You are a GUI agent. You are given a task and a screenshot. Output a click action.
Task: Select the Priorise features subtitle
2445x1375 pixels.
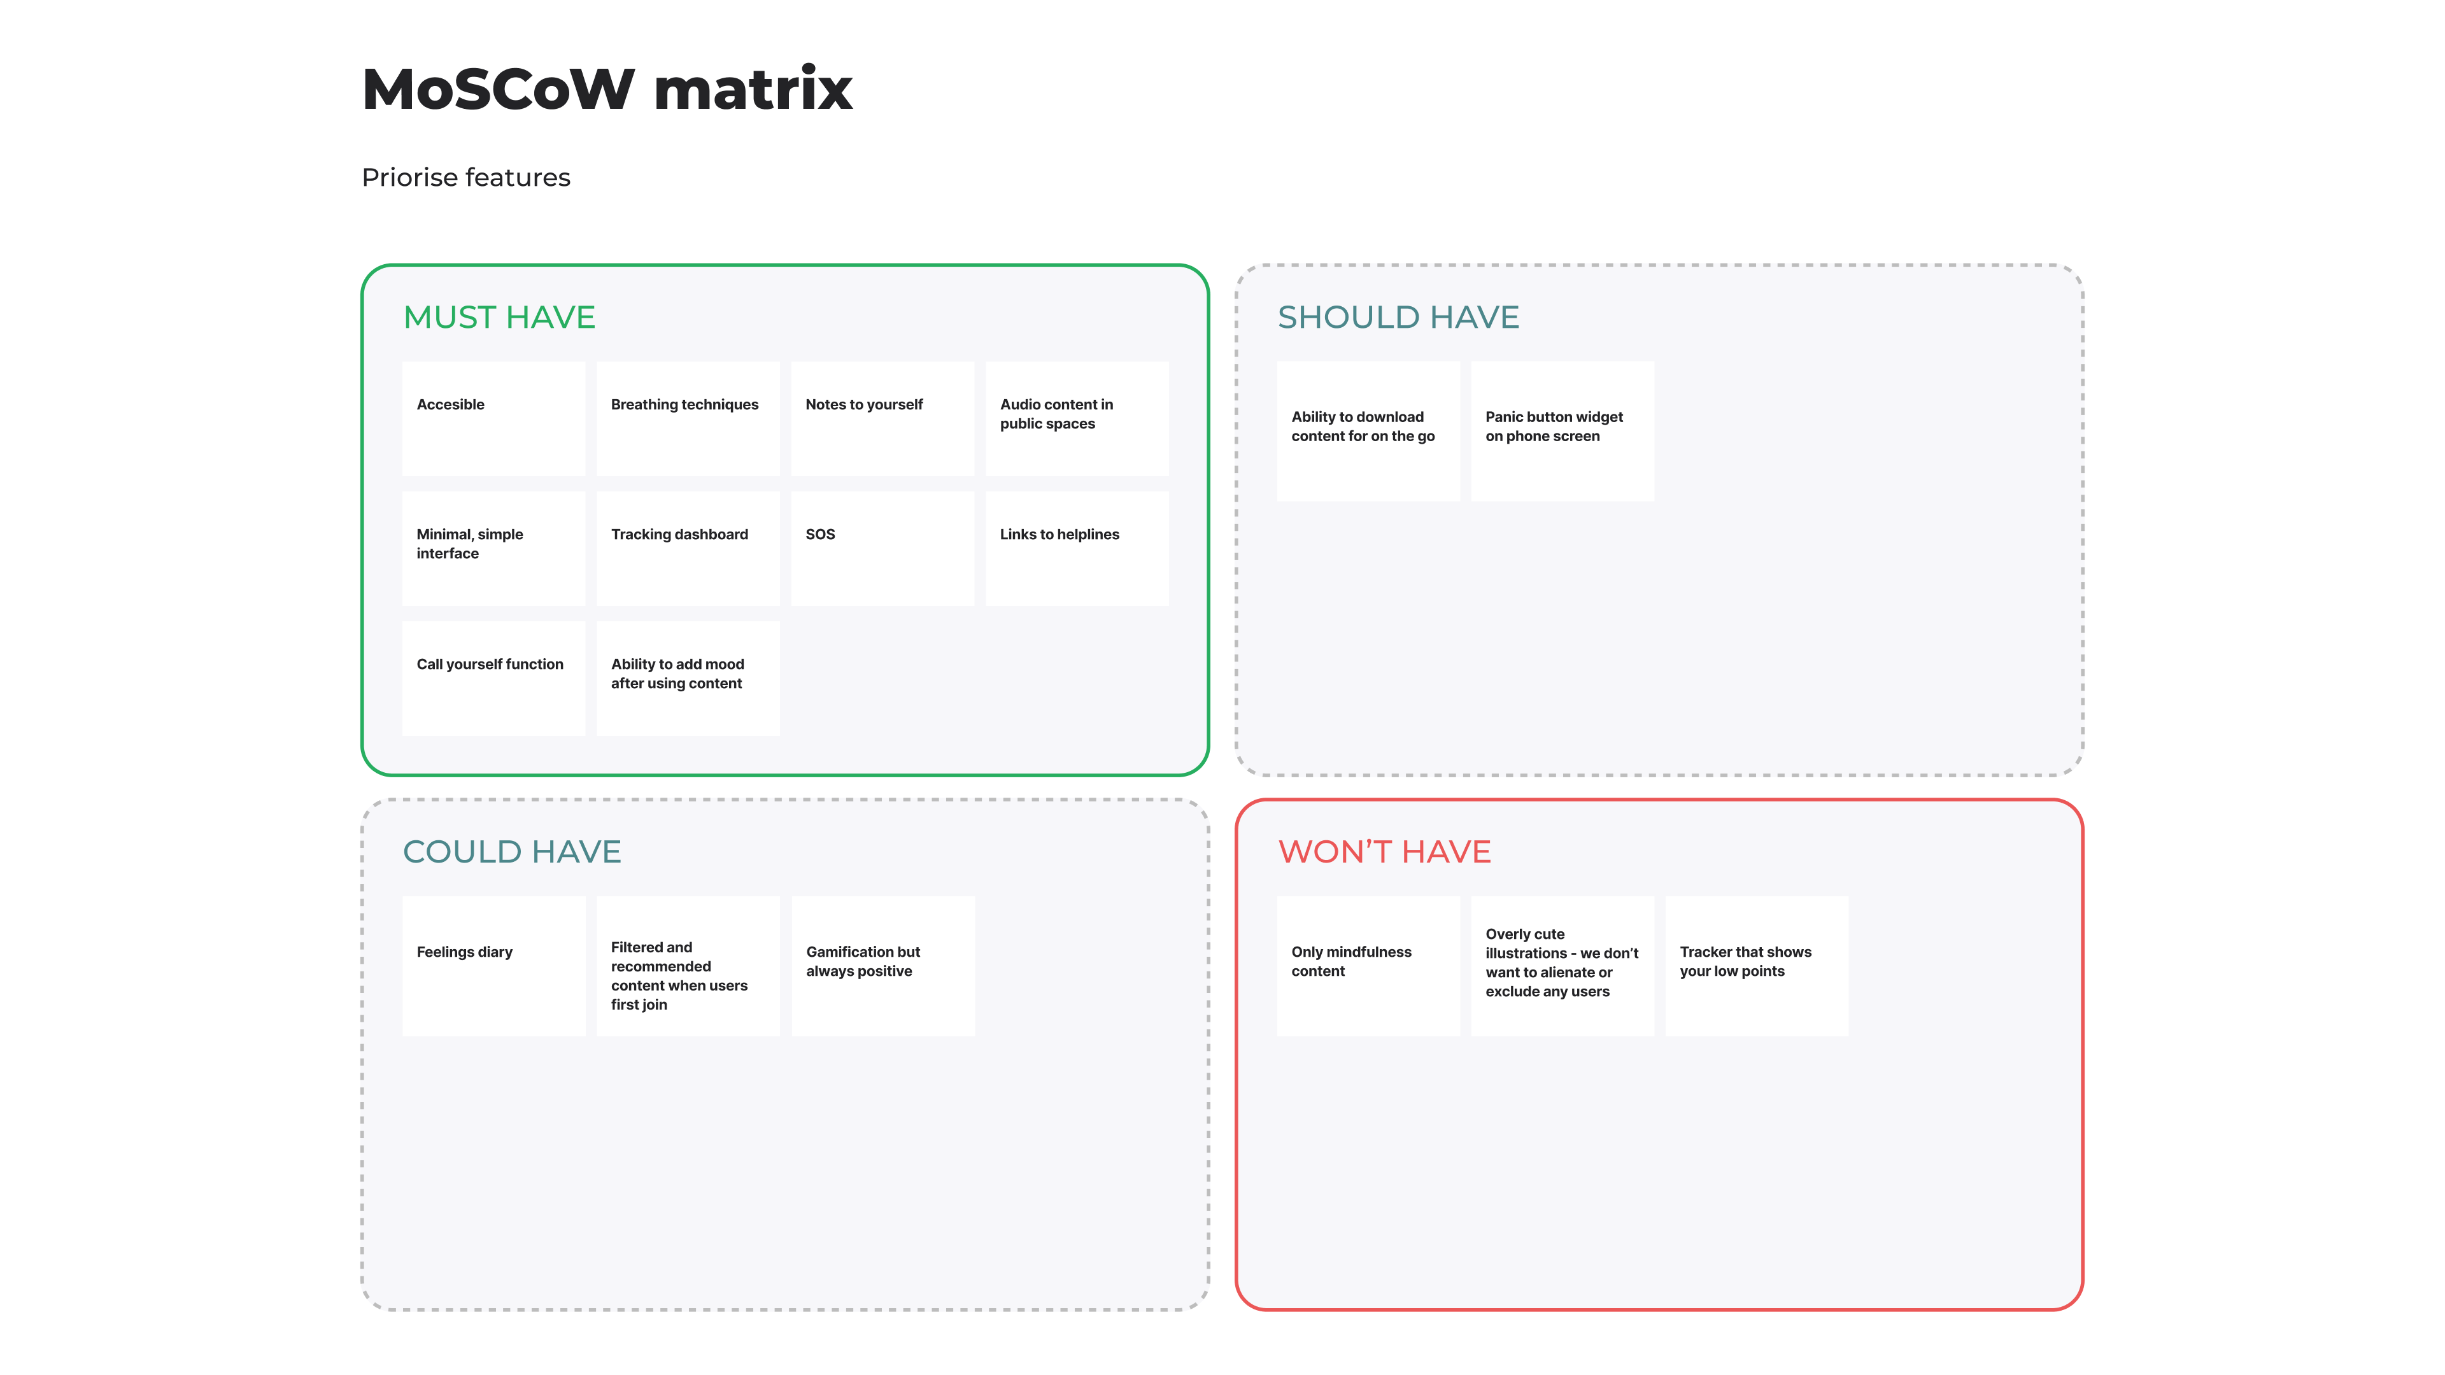pyautogui.click(x=466, y=178)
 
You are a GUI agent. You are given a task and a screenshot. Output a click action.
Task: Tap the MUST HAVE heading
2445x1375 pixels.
pyautogui.click(x=499, y=317)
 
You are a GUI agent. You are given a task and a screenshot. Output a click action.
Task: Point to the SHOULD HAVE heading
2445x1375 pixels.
pyautogui.click(x=1398, y=317)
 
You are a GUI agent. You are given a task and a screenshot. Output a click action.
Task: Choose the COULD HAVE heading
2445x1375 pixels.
pyautogui.click(x=511, y=851)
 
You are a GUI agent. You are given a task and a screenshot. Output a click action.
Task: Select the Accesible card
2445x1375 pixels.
pyautogui.click(x=493, y=418)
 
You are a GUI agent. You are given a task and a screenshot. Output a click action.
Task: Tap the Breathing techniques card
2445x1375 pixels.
pyautogui.click(x=688, y=418)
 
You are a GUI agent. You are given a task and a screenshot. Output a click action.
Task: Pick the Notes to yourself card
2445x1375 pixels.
pyautogui.click(x=882, y=418)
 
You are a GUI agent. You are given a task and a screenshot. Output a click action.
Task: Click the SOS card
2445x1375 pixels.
pyautogui.click(x=882, y=549)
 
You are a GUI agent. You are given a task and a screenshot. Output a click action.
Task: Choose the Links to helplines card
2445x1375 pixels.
pyautogui.click(x=1077, y=549)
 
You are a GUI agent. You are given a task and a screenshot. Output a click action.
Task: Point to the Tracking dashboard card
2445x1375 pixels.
pyautogui.click(x=688, y=549)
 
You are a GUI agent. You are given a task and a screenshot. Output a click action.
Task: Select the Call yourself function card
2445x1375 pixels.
pyautogui.click(x=493, y=679)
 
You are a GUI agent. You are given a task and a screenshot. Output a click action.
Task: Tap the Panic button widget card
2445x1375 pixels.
pyautogui.click(x=1563, y=431)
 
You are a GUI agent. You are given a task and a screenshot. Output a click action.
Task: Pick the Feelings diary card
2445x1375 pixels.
pyautogui.click(x=493, y=966)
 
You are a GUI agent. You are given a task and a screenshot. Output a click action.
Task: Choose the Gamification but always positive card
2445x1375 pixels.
pyautogui.click(x=882, y=966)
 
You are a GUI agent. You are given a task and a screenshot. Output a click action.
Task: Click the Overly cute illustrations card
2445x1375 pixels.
pyautogui.click(x=1563, y=966)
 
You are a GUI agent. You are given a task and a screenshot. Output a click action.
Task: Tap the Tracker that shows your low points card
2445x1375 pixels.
pyautogui.click(x=1757, y=966)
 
